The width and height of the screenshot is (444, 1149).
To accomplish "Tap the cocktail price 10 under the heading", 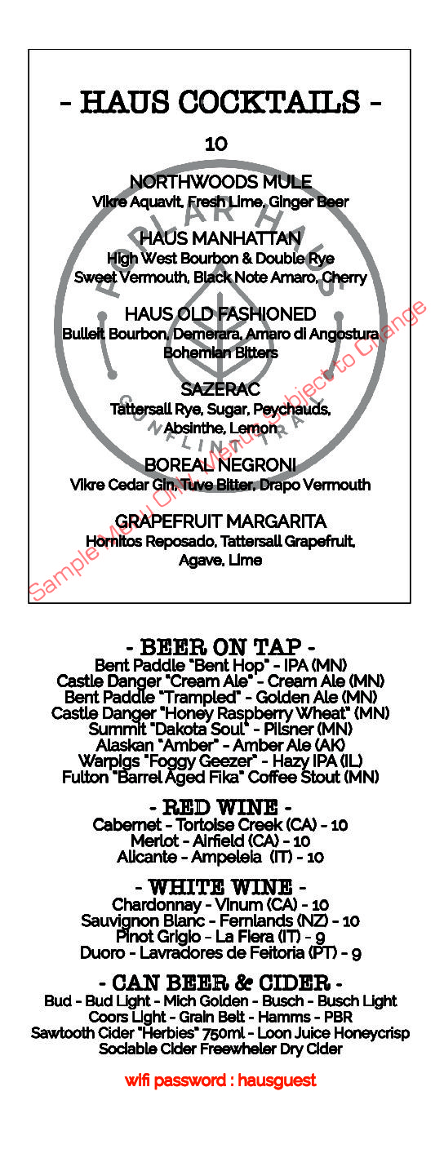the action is point(216,144).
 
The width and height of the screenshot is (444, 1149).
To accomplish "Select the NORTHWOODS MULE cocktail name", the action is point(220,182).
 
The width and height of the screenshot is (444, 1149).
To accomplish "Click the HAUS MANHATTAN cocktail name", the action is point(220,238).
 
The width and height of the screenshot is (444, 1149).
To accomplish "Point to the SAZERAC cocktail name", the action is point(220,389).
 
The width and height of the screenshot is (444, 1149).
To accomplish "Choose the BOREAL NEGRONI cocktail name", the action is point(220,464).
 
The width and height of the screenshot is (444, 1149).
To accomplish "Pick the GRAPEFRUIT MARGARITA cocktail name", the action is point(220,521).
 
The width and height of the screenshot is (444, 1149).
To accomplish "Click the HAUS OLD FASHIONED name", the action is point(220,314).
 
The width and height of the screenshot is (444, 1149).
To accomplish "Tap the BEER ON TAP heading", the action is point(220,647).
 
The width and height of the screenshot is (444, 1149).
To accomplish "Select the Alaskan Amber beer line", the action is point(220,745).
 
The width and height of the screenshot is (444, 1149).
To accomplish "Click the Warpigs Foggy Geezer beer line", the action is point(220,761).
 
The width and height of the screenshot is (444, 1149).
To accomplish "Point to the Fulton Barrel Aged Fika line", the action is point(220,777).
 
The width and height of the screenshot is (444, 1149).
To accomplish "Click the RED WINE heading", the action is point(220,807).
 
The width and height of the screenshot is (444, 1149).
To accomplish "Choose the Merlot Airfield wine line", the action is point(220,841).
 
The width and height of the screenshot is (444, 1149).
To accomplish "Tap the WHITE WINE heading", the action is point(220,887).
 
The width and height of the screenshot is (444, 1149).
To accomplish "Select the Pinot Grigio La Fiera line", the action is point(220,937).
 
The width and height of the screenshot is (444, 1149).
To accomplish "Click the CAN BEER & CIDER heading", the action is point(220,983).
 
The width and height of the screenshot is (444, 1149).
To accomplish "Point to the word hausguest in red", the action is point(277,1080).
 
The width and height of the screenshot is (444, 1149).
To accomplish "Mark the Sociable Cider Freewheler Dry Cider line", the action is point(220,1049).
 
